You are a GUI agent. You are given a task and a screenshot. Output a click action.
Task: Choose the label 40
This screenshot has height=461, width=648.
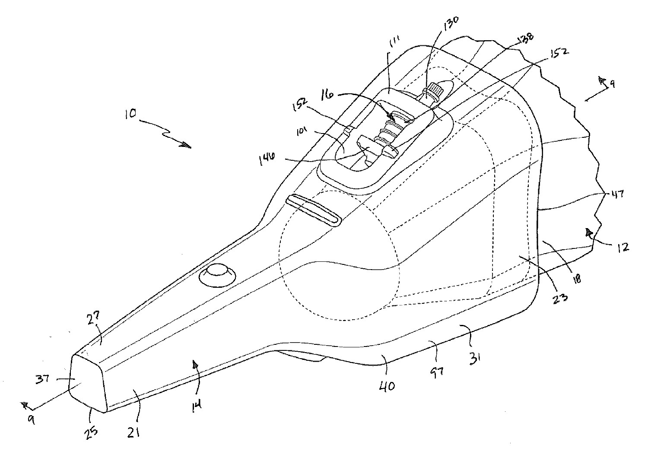coord(387,386)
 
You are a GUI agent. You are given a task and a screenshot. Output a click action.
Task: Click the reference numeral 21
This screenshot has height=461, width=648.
coord(133,429)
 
